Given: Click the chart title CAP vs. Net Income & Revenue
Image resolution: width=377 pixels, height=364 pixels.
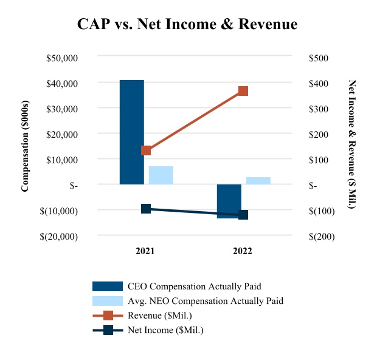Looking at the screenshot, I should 187,25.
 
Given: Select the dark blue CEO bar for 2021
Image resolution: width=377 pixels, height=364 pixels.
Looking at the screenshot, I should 131,132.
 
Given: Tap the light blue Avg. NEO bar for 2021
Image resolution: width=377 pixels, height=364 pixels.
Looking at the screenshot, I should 161,175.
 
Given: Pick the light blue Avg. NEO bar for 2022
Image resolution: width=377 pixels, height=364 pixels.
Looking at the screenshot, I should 258,180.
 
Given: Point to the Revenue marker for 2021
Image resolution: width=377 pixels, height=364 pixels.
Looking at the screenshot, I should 146,150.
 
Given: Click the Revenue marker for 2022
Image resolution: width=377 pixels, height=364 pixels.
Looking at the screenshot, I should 243,91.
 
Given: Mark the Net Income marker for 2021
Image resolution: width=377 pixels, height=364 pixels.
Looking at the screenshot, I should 146,209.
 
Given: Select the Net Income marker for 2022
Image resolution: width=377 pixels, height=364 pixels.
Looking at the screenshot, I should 243,215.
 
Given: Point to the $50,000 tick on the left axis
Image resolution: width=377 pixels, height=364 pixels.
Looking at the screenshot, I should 62,58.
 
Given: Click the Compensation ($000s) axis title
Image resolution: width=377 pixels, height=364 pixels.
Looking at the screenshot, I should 26,146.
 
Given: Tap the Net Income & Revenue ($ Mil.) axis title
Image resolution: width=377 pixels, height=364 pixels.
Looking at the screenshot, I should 351,144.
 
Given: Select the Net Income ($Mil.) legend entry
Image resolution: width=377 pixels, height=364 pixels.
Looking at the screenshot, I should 165,330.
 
